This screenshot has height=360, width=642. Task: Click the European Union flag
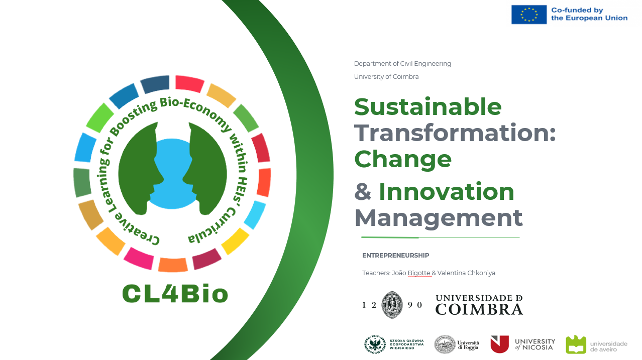pos(529,15)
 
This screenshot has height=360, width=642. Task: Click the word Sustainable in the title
pos(428,107)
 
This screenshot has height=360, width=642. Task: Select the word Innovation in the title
pos(447,192)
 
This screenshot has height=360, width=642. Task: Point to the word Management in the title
pos(439,219)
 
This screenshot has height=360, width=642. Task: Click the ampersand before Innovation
pos(363,192)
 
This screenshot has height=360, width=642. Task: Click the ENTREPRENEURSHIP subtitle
pos(395,256)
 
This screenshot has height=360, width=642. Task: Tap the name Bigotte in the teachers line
pos(419,273)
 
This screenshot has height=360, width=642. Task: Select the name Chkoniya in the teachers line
pos(481,273)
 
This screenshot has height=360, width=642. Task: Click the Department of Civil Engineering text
pos(402,64)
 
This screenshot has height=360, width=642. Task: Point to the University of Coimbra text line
pos(386,77)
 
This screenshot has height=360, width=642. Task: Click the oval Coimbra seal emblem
pos(392,305)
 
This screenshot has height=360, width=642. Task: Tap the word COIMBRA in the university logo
pos(479,309)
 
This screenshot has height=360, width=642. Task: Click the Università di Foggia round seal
pos(445,344)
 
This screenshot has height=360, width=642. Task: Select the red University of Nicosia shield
pos(499,344)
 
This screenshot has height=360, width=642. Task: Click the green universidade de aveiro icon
pos(576,344)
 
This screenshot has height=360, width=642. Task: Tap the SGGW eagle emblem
pos(375,344)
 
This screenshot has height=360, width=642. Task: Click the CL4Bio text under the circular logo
pos(175,294)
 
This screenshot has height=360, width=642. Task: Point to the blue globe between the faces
pos(172,174)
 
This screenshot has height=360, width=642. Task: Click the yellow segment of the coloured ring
pos(235,241)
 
